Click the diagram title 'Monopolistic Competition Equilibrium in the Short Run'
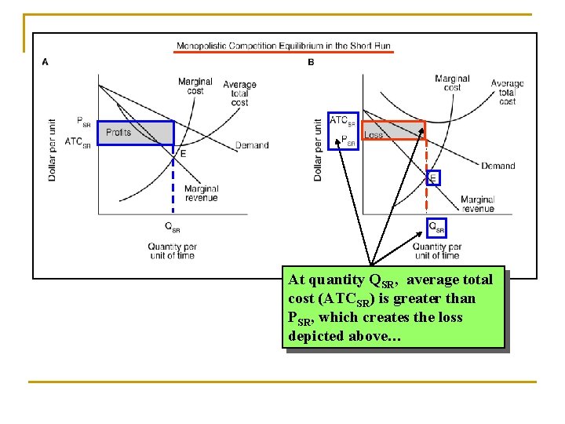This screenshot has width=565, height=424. [283, 46]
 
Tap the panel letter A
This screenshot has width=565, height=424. [45, 62]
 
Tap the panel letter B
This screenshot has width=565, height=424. [311, 62]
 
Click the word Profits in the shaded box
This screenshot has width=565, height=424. [118, 133]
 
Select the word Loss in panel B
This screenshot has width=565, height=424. [374, 134]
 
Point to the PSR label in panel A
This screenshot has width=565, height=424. [83, 121]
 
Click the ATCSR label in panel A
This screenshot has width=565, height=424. [78, 142]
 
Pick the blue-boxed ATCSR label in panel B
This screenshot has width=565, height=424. [343, 121]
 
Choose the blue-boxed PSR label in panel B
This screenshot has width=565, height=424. [348, 141]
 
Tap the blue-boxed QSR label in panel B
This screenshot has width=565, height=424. [437, 228]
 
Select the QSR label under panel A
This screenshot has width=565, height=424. [172, 228]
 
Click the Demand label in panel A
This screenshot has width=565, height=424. [252, 145]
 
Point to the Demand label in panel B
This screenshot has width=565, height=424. [498, 166]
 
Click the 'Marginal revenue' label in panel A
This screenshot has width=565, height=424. [201, 193]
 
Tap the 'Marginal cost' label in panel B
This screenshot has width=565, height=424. [452, 82]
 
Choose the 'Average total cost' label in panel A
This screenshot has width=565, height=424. [239, 93]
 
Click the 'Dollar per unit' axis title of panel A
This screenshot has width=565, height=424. [53, 149]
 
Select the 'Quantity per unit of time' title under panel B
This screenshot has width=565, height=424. [436, 251]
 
